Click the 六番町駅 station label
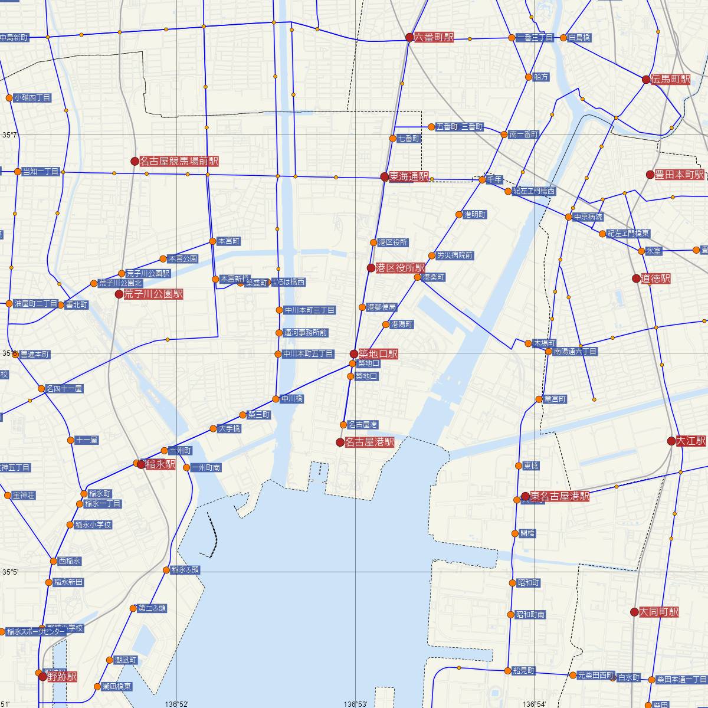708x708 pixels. pos(434,37)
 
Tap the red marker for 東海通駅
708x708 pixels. pos(385,176)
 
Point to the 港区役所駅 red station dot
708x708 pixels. pos(371,268)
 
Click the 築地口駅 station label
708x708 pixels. pos(378,354)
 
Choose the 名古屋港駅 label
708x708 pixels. pos(369,442)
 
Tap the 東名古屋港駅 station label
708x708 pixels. pos(559,497)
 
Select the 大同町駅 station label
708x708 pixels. pos(659,612)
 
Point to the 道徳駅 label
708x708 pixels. pos(656,278)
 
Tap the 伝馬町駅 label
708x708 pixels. pos(671,79)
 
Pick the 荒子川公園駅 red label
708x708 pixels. pos(153,294)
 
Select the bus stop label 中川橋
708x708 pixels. pos(292,399)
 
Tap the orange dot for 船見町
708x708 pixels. pos(507,670)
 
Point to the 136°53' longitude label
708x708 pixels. pos(356,704)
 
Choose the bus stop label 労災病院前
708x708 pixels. pos(455,255)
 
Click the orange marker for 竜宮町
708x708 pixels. pos(539,399)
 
